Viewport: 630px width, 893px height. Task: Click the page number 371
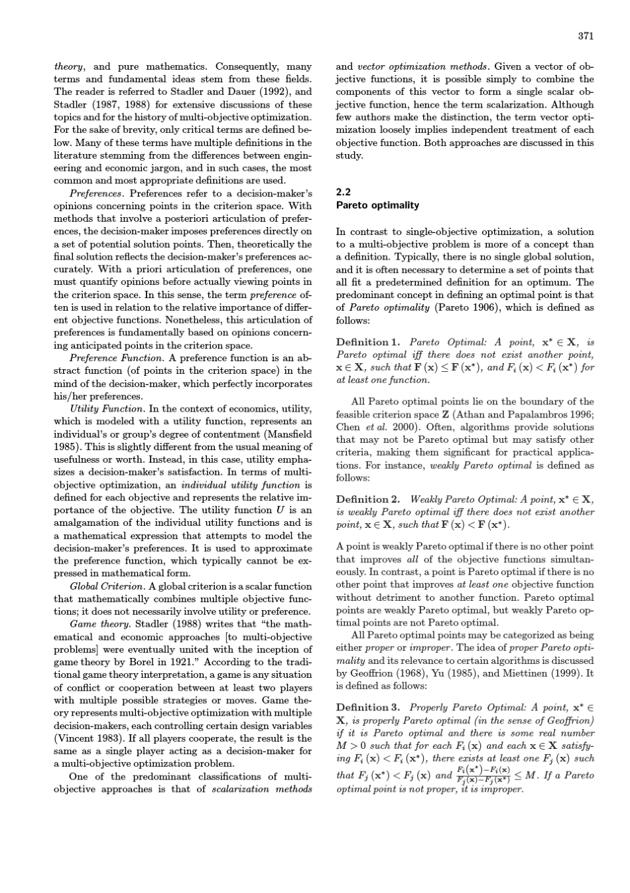pos(586,36)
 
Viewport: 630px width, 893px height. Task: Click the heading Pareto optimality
pos(377,205)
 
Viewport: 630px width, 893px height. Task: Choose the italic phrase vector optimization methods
pos(423,66)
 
